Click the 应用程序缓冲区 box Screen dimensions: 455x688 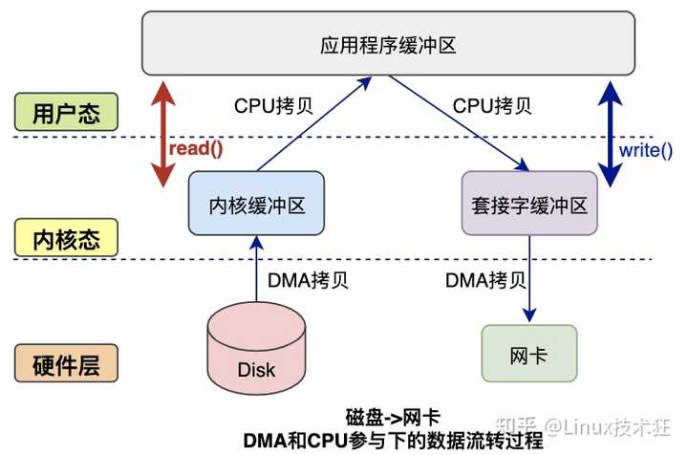[x=387, y=43]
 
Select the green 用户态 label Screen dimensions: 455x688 [x=65, y=112]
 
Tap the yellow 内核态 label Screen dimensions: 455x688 [x=65, y=236]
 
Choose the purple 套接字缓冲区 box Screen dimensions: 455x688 [x=529, y=204]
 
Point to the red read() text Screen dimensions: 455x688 [x=197, y=149]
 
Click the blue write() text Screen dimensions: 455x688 [x=646, y=149]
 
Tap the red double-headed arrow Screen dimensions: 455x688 [x=164, y=134]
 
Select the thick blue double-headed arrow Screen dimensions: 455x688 [x=608, y=134]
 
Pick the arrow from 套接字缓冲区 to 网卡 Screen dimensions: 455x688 [x=529, y=278]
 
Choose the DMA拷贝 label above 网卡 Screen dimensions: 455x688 [x=484, y=281]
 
